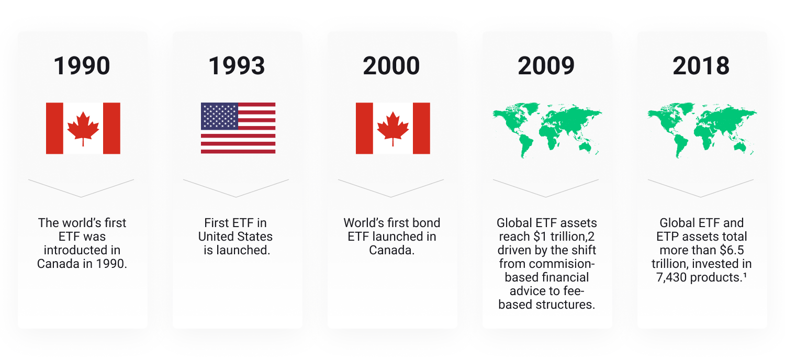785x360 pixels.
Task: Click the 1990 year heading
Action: click(82, 66)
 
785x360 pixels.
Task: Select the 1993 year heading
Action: click(237, 66)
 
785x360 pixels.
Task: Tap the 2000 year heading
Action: click(391, 66)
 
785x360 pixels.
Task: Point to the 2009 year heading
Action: click(546, 66)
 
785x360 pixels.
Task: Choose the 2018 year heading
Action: click(701, 66)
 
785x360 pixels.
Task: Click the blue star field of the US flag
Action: click(219, 116)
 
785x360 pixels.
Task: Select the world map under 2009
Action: click(547, 130)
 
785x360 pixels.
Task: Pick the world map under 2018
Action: click(702, 130)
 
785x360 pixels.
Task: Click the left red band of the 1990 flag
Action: click(54, 128)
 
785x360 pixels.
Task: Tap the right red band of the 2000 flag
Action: click(421, 128)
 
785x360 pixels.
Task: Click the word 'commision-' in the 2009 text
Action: click(547, 264)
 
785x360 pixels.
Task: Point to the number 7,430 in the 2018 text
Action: click(671, 278)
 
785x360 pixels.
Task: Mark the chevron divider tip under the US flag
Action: click(236, 197)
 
